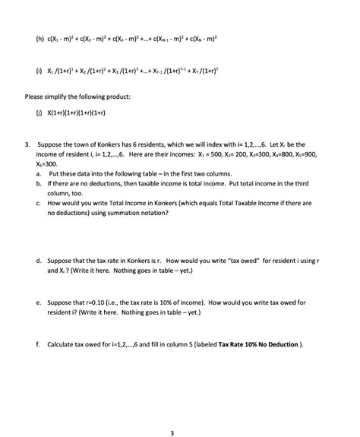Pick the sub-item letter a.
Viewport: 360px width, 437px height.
(x=38, y=173)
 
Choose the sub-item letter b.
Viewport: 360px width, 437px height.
(x=38, y=184)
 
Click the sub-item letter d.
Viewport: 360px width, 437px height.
(x=38, y=261)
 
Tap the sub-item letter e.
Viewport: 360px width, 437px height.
(x=38, y=302)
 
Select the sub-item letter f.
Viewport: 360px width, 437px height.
(x=38, y=344)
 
